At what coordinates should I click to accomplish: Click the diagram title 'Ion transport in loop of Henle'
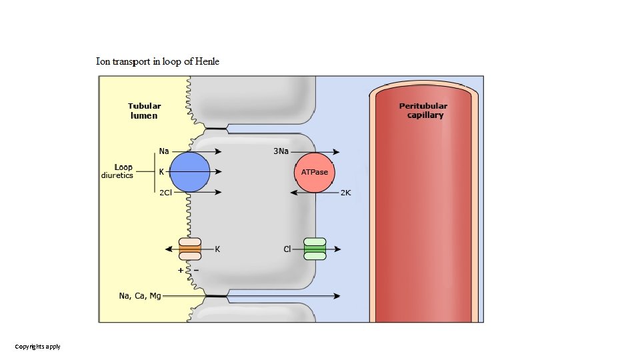coord(157,61)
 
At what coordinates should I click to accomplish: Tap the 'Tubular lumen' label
coord(144,111)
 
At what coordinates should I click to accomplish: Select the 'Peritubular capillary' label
coord(423,111)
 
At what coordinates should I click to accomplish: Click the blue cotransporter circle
coord(190,172)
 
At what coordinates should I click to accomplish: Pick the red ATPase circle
coord(315,172)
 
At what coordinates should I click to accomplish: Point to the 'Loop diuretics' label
coord(118,171)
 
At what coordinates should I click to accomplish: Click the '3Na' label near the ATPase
coord(281,151)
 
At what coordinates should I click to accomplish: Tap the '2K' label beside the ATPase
coord(345,193)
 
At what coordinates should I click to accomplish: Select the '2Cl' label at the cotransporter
coord(166,193)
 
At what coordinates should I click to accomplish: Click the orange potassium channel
coord(190,249)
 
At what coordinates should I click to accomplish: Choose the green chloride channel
coord(315,249)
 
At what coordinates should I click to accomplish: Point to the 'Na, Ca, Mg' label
coord(140,295)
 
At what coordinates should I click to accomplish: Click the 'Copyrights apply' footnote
coord(38,347)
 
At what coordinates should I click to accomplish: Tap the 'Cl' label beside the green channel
coord(287,249)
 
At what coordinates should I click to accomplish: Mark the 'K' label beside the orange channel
coord(217,249)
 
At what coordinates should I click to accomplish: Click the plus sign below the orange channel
coord(181,271)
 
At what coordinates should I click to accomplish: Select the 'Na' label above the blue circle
coord(164,151)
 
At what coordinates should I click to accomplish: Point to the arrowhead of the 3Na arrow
coord(337,151)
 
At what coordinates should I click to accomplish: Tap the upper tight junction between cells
coord(216,128)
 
